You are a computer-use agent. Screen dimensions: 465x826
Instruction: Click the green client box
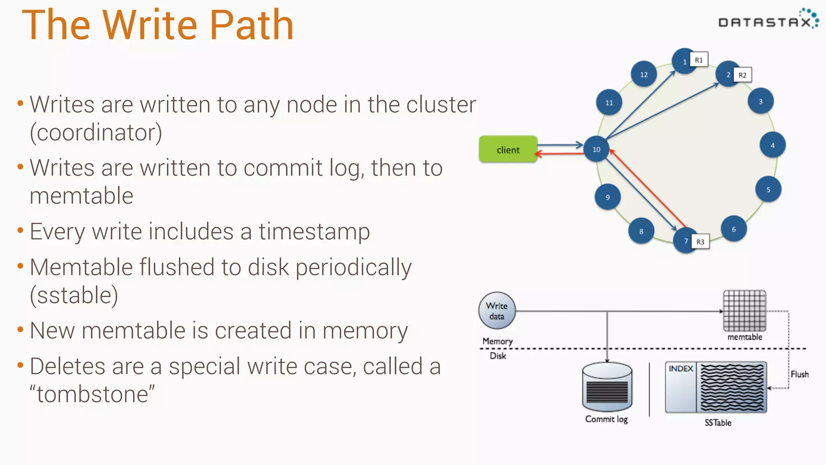[x=508, y=149]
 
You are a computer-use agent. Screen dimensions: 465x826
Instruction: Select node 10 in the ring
[x=596, y=149]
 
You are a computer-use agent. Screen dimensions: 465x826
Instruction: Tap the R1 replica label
[x=699, y=60]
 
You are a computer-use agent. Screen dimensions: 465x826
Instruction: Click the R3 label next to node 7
[x=700, y=242]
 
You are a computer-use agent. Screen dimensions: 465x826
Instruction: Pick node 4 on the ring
[x=772, y=145]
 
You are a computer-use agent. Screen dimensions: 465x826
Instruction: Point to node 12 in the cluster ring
[x=644, y=74]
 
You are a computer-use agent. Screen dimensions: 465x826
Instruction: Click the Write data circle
[x=496, y=311]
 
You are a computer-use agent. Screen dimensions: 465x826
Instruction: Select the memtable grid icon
[x=744, y=310]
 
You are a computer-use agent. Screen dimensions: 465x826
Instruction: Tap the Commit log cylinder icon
[x=607, y=387]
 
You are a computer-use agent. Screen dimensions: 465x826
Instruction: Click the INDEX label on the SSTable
[x=680, y=369]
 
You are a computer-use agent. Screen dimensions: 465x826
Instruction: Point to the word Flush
[x=799, y=374]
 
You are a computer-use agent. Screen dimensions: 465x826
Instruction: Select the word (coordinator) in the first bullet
[x=96, y=132]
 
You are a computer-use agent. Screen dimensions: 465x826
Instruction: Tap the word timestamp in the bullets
[x=314, y=232]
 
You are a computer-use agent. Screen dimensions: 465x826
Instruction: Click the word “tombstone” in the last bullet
[x=92, y=394]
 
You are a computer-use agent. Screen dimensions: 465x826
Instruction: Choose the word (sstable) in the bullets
[x=74, y=295]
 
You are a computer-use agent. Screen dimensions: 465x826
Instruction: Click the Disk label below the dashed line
[x=498, y=356]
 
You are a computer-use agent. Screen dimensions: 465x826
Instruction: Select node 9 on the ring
[x=607, y=197]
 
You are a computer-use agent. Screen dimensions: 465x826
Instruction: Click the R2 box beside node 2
[x=742, y=75]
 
